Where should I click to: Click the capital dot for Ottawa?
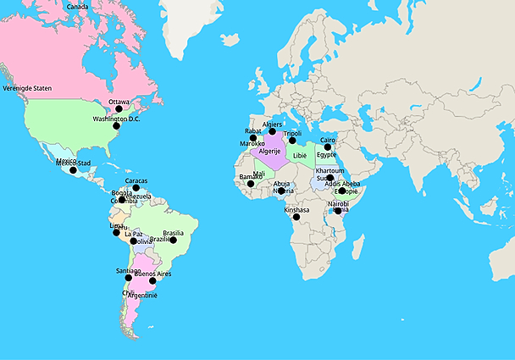point(119,109)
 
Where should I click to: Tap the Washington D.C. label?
point(116,119)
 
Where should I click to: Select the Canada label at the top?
point(77,7)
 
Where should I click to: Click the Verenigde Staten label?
point(27,87)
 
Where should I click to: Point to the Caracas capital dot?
point(136,188)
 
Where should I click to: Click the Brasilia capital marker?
point(173,240)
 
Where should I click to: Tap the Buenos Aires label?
point(153,274)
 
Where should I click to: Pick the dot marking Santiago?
point(128,277)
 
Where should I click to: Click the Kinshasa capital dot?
point(296,217)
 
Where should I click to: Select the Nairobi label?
point(338,203)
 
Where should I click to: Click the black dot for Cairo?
point(328,147)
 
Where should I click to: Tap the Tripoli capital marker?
point(292,141)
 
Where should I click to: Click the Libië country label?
point(300,156)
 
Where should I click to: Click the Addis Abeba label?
point(342,184)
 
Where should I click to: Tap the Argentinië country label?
point(141,296)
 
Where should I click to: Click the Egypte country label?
point(327,155)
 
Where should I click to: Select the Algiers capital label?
point(272,125)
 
